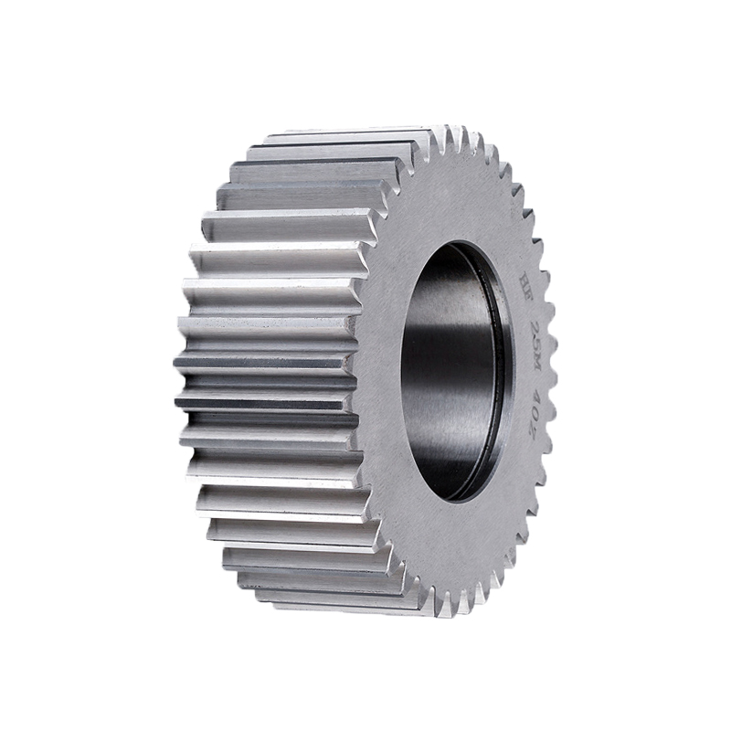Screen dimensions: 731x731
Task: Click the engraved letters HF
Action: (524, 277)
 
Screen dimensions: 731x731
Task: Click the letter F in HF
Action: (524, 285)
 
